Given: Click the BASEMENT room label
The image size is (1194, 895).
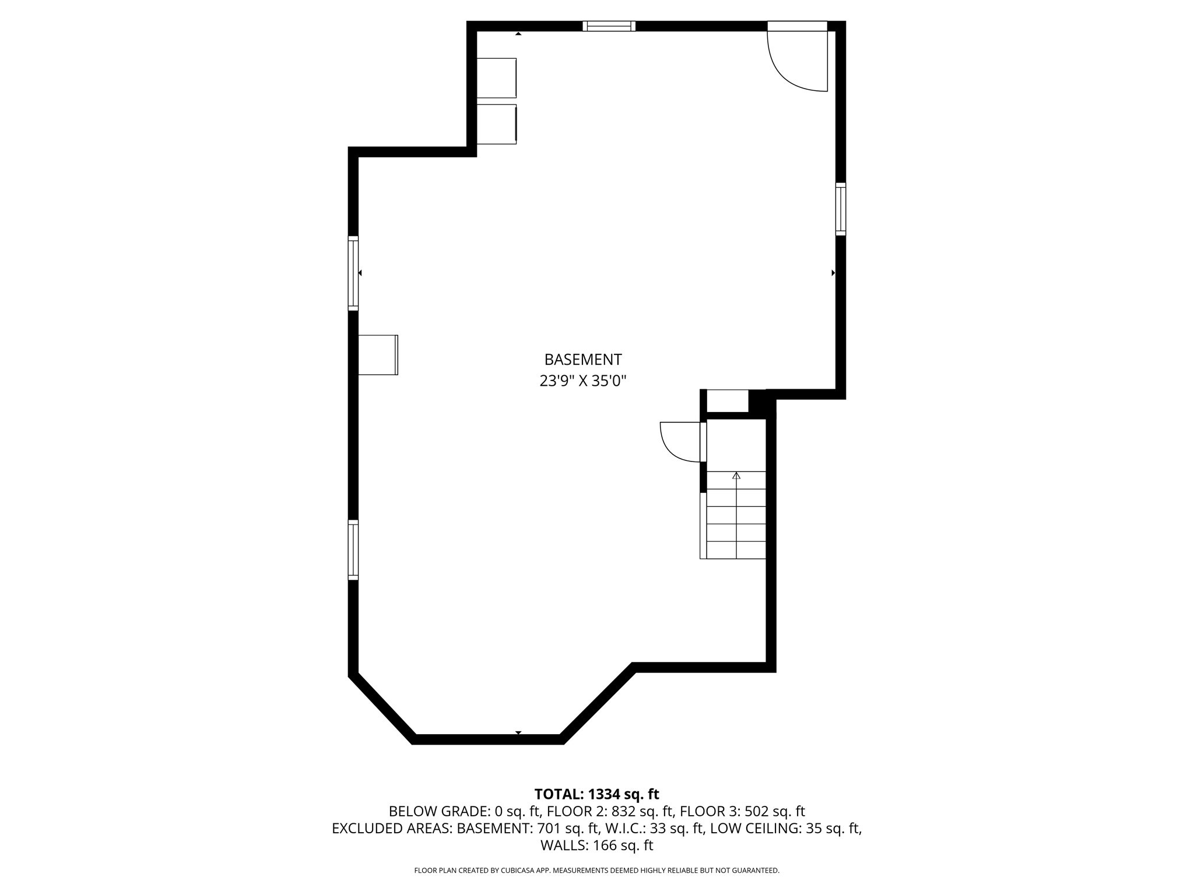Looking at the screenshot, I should click(x=583, y=360).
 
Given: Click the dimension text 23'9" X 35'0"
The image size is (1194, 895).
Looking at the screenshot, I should click(x=583, y=381).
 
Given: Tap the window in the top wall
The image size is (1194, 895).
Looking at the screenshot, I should click(x=609, y=26).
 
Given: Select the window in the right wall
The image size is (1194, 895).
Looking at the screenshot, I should click(x=840, y=209).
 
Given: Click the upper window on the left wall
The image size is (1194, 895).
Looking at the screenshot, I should click(x=353, y=273).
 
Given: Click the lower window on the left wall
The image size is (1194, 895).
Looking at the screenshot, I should click(x=353, y=549).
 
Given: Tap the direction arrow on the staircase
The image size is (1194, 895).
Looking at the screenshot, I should click(x=736, y=476).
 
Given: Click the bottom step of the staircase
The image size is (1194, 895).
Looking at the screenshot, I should click(x=736, y=550).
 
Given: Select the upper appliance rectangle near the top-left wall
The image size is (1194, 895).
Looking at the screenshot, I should click(x=497, y=78).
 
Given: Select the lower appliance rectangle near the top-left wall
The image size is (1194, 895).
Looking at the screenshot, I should click(x=497, y=124).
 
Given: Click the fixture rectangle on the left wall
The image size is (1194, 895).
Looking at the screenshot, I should click(x=378, y=355).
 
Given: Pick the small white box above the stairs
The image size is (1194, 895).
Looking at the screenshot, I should click(x=727, y=401).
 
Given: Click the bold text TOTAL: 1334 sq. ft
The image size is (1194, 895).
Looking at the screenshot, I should click(x=596, y=794).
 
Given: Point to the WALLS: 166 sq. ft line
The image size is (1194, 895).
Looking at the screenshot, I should click(x=596, y=845).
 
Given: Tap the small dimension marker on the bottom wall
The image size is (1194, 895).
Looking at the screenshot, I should click(x=518, y=732).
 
